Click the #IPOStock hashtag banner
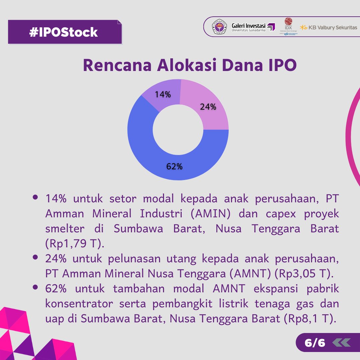(64, 32)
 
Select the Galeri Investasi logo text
(248, 27)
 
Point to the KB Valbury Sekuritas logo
(328, 27)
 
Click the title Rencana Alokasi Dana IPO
(190, 65)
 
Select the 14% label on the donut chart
(163, 95)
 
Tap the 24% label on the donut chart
(208, 107)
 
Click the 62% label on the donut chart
(174, 167)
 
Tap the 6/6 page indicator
(314, 342)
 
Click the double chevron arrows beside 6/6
(341, 342)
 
